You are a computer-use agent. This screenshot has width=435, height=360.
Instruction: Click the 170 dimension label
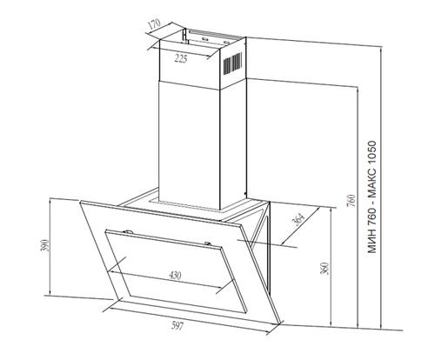click(x=154, y=23)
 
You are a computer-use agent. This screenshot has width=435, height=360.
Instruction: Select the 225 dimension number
click(x=181, y=59)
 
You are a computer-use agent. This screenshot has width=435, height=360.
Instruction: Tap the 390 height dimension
click(x=47, y=245)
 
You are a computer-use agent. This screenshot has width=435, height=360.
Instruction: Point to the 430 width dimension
click(x=175, y=275)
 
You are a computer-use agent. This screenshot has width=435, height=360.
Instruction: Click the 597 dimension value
click(x=177, y=326)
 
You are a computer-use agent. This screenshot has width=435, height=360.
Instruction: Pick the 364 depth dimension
click(x=298, y=219)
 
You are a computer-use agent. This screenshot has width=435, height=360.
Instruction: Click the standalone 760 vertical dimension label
click(x=351, y=200)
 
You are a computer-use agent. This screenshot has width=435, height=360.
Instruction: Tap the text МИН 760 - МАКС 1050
click(x=372, y=197)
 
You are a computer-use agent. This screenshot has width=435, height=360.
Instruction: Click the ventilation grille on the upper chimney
click(x=232, y=63)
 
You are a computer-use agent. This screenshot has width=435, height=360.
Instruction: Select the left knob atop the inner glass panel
click(x=128, y=231)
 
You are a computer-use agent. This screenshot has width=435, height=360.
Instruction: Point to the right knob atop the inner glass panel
click(x=208, y=243)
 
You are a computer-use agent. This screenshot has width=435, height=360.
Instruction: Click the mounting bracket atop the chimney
click(x=213, y=37)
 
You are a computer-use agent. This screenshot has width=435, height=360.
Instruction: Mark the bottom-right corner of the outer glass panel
click(x=280, y=323)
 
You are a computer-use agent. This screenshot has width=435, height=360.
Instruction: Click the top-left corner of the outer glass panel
click(x=80, y=201)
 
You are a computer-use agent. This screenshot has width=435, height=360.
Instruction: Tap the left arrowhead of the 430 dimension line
click(x=109, y=271)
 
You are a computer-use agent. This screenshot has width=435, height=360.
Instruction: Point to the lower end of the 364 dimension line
click(x=282, y=244)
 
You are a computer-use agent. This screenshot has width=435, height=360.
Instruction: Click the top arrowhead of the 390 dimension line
click(x=50, y=200)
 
